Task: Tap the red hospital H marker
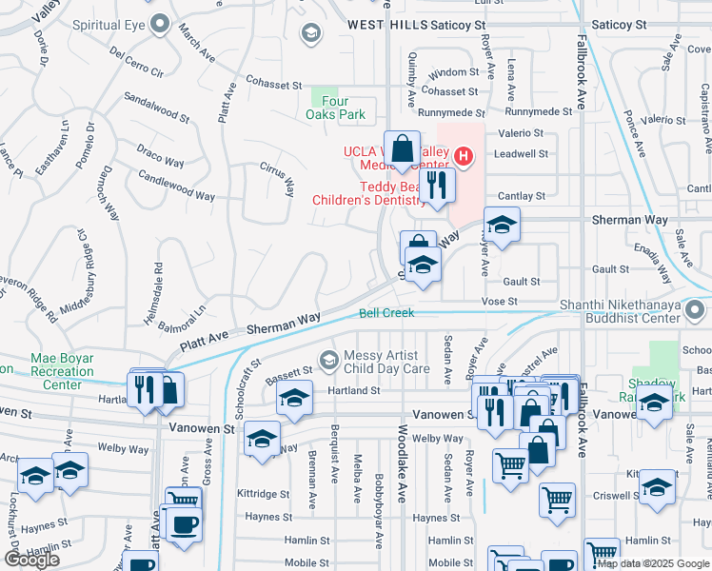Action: tap(464, 155)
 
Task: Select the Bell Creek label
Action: tap(386, 313)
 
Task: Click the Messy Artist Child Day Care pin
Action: tap(329, 359)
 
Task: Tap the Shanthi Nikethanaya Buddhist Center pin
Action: tap(697, 309)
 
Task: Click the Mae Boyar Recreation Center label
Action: tap(63, 371)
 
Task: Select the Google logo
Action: tap(30, 560)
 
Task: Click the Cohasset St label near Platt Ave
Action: tap(273, 84)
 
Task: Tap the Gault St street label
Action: tap(522, 282)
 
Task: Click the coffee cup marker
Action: tap(183, 523)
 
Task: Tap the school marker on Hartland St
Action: tap(295, 399)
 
